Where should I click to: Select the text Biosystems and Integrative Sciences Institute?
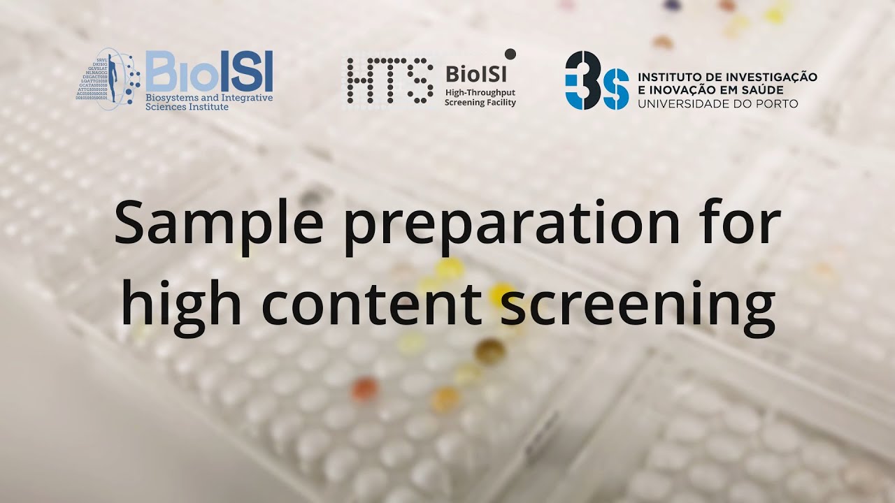tap(208, 102)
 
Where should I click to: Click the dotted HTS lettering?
tap(388, 81)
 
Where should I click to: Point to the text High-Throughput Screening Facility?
tap(480, 97)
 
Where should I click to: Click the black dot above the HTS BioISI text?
tap(510, 53)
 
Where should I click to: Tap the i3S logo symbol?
tap(596, 80)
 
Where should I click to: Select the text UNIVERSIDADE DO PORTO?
tap(717, 103)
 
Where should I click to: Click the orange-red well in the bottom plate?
tap(364, 390)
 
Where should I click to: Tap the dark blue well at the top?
tap(673, 5)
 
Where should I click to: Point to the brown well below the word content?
tap(490, 351)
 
